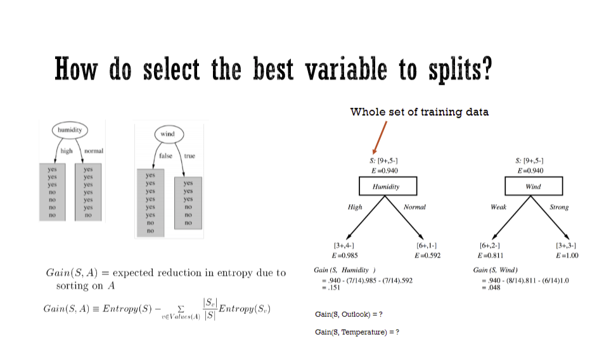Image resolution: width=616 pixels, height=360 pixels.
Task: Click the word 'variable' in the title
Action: click(343, 69)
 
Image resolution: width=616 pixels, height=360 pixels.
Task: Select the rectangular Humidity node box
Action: click(388, 186)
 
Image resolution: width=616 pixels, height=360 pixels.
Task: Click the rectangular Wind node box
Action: click(533, 186)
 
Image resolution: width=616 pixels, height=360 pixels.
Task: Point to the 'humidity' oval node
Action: click(70, 130)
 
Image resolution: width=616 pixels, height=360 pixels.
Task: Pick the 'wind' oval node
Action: click(168, 134)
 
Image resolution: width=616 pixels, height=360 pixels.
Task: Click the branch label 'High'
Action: click(355, 207)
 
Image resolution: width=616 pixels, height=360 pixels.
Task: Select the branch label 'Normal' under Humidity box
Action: click(414, 207)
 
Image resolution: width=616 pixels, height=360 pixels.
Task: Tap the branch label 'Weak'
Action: click(499, 207)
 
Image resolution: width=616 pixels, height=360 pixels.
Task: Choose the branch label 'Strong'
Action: click(559, 207)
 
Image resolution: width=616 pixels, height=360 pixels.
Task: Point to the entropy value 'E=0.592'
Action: click(427, 255)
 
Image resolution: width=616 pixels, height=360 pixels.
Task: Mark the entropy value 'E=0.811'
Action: click(490, 255)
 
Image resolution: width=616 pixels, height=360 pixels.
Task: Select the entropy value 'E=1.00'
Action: click(566, 255)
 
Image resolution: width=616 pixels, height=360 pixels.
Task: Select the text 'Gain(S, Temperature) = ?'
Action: click(357, 331)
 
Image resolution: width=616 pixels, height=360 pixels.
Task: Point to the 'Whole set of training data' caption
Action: click(419, 112)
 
